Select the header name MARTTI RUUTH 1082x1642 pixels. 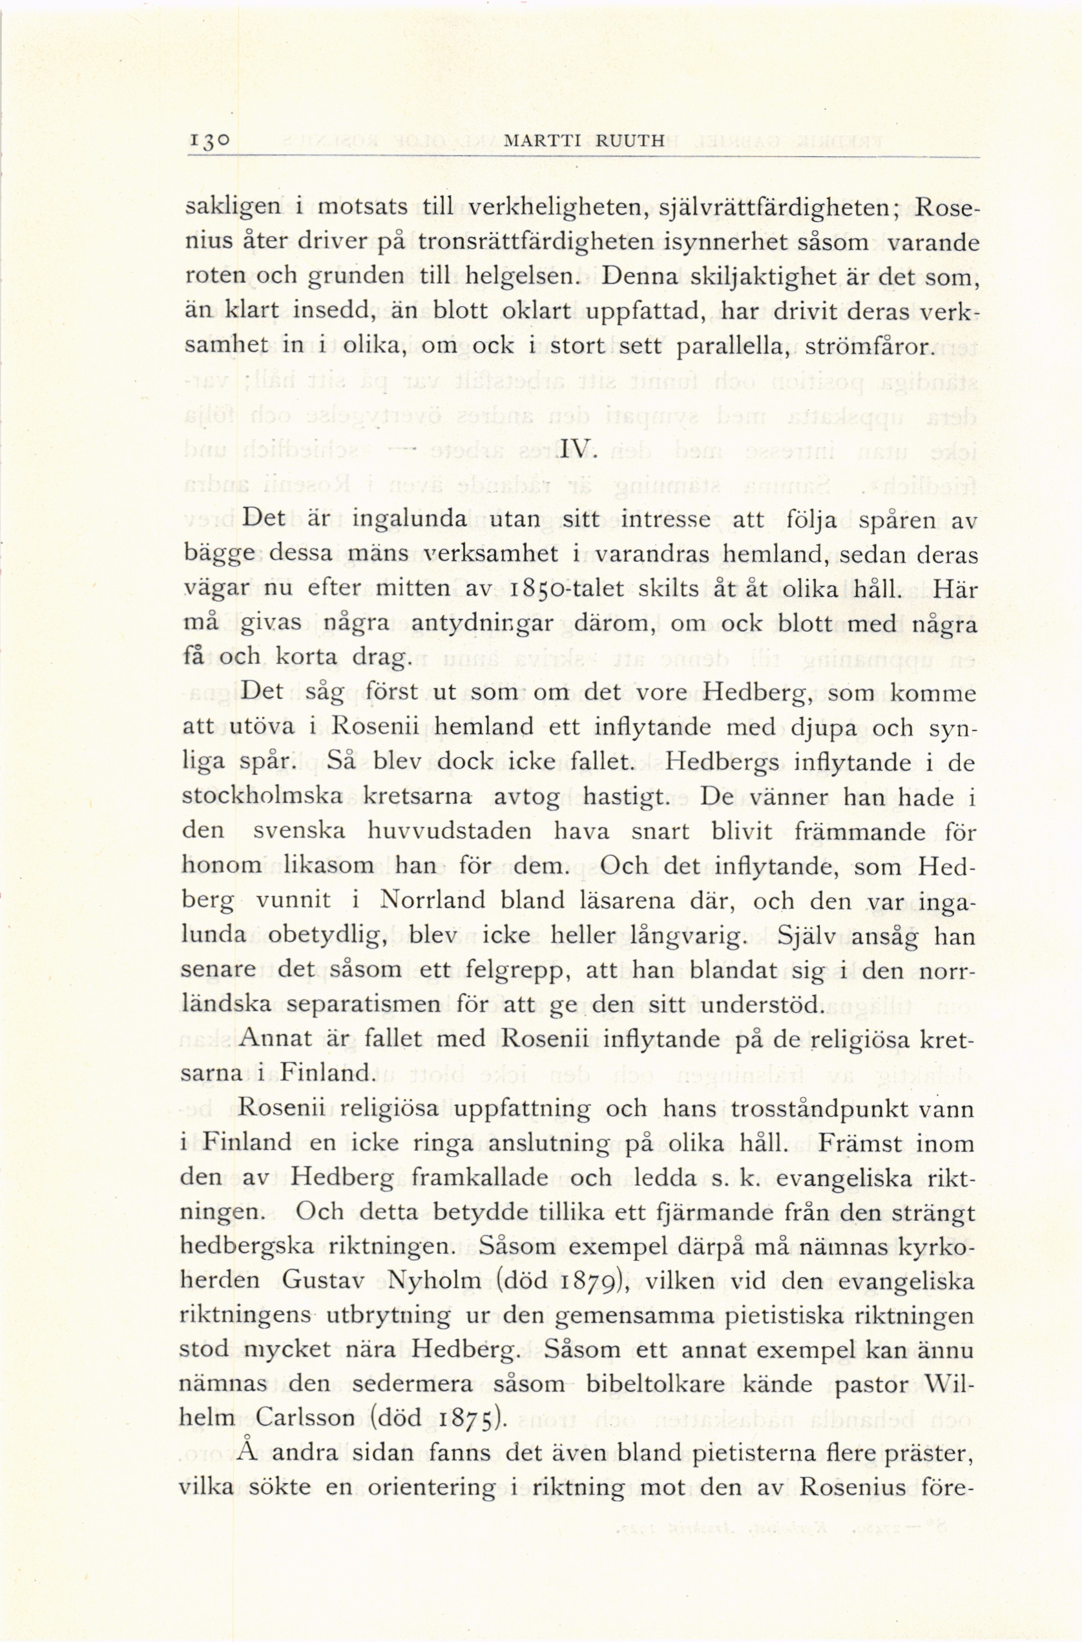(585, 142)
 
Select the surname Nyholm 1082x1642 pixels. (435, 1281)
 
